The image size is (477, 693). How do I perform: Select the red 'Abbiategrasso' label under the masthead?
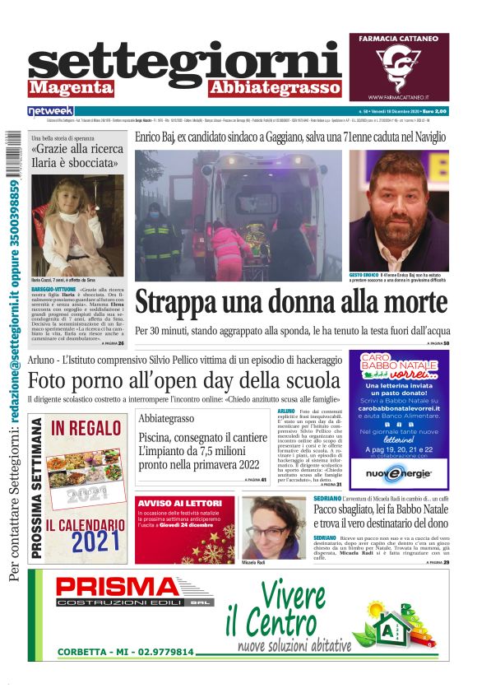(275, 88)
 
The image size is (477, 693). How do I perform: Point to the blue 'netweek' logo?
(50, 110)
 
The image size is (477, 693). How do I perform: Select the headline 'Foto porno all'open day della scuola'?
(183, 380)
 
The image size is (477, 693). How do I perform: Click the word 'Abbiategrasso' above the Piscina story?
(166, 418)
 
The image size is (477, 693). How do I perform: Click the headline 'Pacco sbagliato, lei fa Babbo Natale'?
(380, 510)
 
